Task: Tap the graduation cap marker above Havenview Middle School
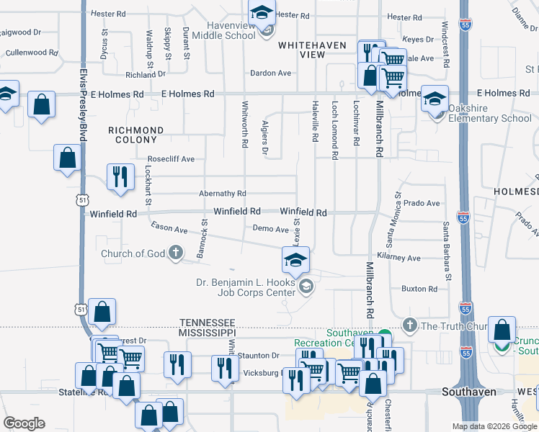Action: click(x=262, y=12)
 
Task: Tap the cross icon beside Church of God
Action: click(x=175, y=253)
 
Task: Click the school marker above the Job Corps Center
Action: click(x=295, y=260)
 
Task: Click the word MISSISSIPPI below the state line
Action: click(x=208, y=333)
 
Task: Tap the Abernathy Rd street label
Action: click(x=223, y=194)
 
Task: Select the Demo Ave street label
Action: click(x=271, y=228)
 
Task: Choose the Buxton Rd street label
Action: click(x=419, y=289)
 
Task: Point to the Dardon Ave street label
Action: click(x=270, y=73)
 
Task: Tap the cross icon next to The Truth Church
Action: click(x=410, y=325)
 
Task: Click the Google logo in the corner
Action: click(x=24, y=423)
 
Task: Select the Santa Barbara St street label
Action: click(x=447, y=251)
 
